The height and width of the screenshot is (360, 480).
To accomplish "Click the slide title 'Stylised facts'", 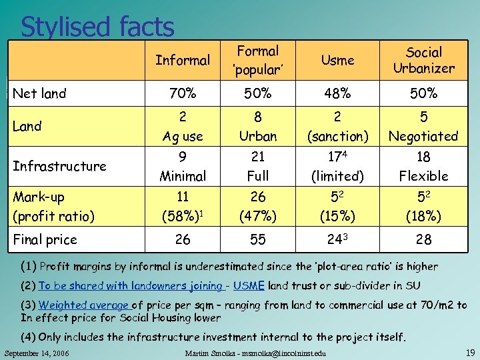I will (x=97, y=27).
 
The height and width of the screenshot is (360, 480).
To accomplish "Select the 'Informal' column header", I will (x=182, y=61).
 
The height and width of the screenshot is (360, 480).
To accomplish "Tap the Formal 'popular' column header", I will (x=258, y=60).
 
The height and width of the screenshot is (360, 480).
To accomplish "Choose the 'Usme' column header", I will (x=337, y=61).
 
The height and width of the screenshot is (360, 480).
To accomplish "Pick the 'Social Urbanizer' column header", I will (x=423, y=60).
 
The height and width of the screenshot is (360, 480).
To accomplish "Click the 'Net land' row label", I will (x=40, y=94).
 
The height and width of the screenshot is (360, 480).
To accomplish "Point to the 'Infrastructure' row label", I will (x=59, y=166).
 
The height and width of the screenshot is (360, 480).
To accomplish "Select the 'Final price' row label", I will (x=45, y=239).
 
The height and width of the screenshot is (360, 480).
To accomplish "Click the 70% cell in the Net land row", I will (x=183, y=94).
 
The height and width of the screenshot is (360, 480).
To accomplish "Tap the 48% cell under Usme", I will (x=337, y=94).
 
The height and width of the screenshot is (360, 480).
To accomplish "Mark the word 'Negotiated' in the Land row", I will (x=423, y=137).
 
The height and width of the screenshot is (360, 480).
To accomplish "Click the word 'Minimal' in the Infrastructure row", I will (x=183, y=177).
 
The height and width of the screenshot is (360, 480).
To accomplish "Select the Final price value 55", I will (x=258, y=239).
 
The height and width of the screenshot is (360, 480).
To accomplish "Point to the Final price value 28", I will (x=423, y=239).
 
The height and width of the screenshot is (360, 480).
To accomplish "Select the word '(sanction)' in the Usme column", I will (x=337, y=137).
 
